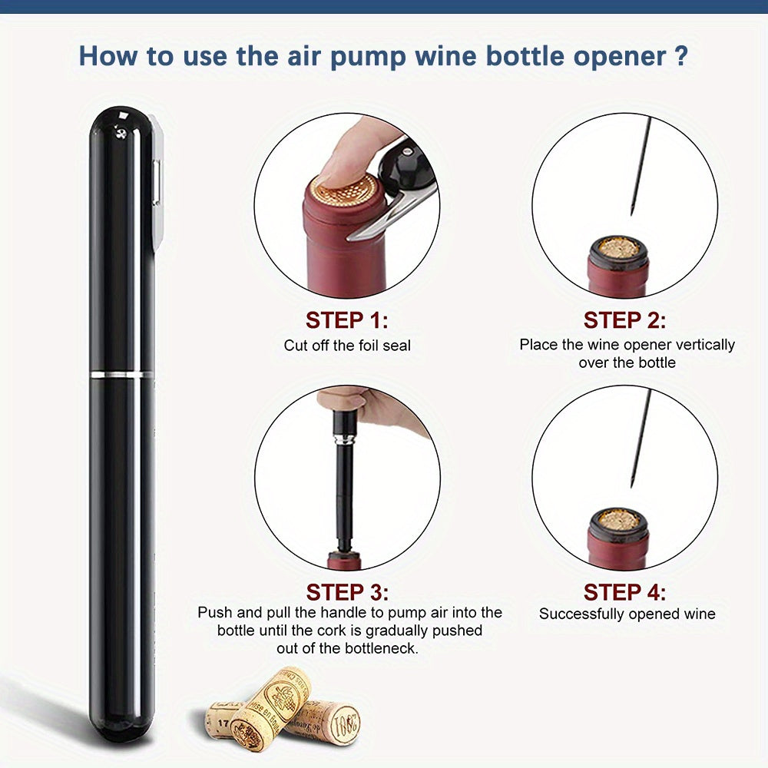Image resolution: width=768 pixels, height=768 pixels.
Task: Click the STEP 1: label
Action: [346, 319]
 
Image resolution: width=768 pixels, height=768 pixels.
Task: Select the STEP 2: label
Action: [624, 319]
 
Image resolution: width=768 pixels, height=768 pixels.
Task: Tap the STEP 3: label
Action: [346, 592]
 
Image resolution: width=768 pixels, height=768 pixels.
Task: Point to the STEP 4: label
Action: [624, 592]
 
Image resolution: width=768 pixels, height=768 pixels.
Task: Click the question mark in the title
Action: [679, 56]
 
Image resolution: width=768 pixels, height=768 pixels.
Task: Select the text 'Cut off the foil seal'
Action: [347, 346]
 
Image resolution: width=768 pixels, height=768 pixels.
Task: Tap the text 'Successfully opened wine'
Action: [627, 614]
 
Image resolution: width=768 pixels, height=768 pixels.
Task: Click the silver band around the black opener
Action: [121, 374]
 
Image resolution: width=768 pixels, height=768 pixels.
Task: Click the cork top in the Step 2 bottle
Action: [619, 247]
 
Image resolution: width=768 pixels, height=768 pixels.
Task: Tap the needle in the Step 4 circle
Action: [639, 438]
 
